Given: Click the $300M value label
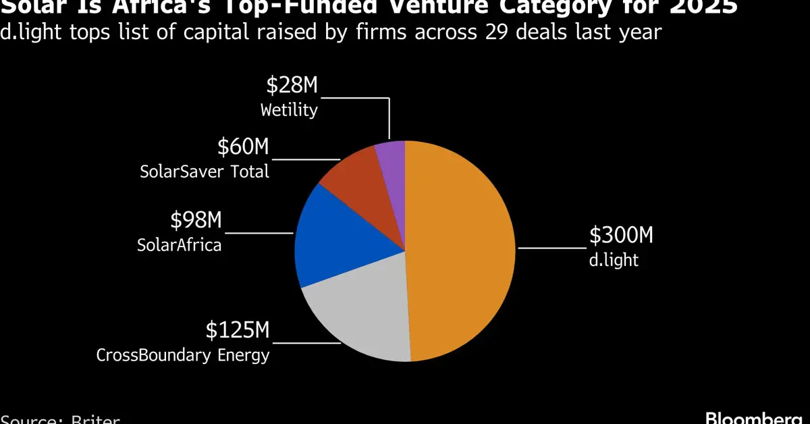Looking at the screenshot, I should [x=621, y=236].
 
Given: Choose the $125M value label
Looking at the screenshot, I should [x=238, y=331].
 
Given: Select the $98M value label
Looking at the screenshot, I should [x=196, y=220].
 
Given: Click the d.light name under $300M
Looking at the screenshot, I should [x=613, y=260].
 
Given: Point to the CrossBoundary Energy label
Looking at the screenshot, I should [x=183, y=354].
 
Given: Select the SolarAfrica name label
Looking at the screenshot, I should [x=179, y=244].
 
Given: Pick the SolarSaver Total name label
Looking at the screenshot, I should [x=205, y=171].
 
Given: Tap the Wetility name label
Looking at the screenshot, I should [x=290, y=110].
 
